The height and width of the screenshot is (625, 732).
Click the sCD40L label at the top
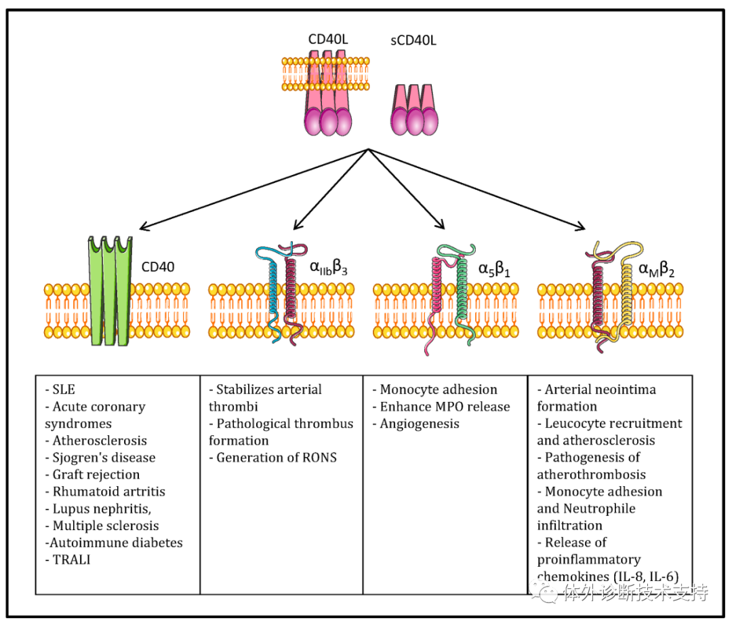tap(413, 41)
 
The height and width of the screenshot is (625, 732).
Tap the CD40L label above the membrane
tap(328, 39)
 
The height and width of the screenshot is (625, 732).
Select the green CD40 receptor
tap(110, 291)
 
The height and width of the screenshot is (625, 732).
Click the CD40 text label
tap(158, 267)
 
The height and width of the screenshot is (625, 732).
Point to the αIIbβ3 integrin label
tap(329, 268)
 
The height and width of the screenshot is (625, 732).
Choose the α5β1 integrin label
tap(494, 269)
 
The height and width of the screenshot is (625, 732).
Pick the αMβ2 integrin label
tap(656, 269)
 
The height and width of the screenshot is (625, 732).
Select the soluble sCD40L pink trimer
tap(414, 110)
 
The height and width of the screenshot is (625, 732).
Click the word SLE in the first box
tap(64, 389)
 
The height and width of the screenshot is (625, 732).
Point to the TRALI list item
tap(68, 559)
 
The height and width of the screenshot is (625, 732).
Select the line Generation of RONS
tap(273, 458)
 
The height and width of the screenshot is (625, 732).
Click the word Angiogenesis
tap(420, 424)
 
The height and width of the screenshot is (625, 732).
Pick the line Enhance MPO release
tap(441, 407)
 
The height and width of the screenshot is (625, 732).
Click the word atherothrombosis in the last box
tap(592, 475)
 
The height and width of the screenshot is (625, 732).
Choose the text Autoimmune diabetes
tap(114, 542)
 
